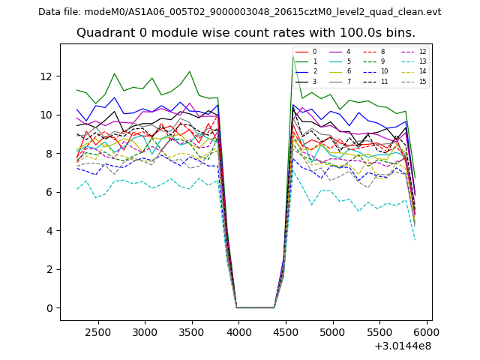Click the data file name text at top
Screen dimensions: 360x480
click(239, 11)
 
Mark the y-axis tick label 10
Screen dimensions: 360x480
click(47, 115)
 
